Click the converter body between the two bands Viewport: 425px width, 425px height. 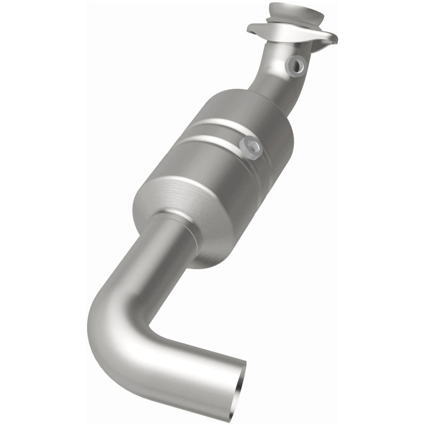point(212,133)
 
